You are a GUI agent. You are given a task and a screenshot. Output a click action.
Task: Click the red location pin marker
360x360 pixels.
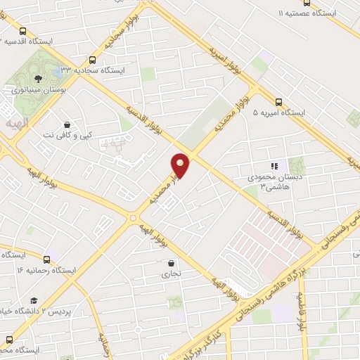pyautogui.click(x=181, y=165)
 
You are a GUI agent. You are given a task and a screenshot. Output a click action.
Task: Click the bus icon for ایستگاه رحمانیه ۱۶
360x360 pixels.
pyautogui.click(x=47, y=258)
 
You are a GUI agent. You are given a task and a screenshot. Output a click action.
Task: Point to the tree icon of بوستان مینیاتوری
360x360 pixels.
pyautogui.click(x=37, y=79)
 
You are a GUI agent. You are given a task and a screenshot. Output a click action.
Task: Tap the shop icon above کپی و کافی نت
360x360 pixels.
pyautogui.click(x=67, y=122)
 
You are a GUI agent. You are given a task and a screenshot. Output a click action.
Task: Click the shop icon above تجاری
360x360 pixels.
pyautogui.click(x=162, y=262)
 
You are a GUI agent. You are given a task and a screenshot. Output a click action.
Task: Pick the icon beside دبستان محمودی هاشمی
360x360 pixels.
pyautogui.click(x=275, y=166)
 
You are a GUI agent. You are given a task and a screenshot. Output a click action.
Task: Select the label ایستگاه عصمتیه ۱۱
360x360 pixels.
pyautogui.click(x=307, y=13)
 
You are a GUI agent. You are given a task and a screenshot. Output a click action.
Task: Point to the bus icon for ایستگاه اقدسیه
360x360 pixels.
pyautogui.click(x=23, y=31)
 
